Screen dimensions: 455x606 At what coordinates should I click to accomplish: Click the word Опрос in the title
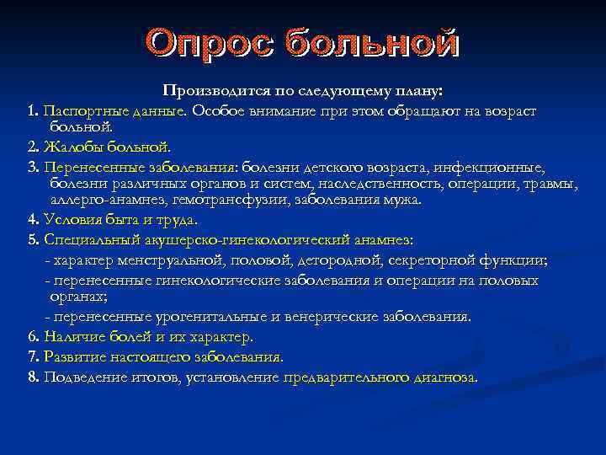pos(210,44)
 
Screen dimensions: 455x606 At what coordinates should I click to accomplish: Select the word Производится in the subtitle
pos(209,90)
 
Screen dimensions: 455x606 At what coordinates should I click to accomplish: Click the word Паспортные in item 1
pos(80,111)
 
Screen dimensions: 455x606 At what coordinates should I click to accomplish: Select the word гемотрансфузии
pos(226,201)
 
